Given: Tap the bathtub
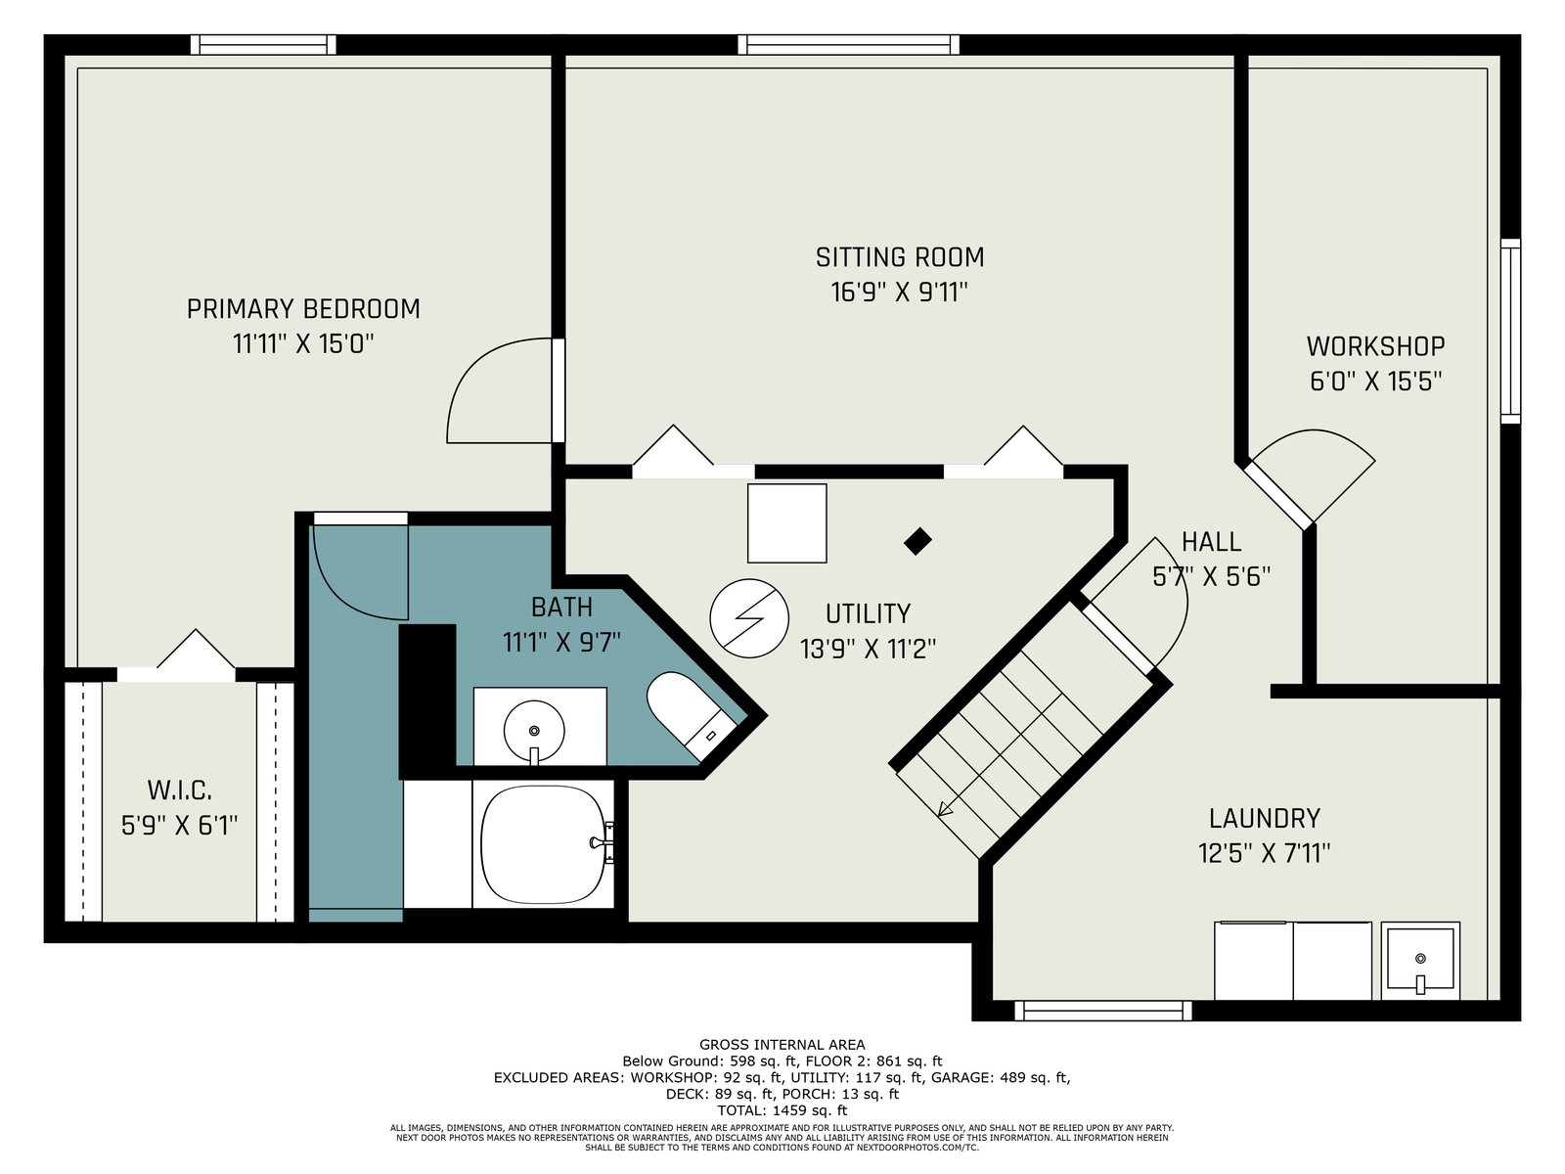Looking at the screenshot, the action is tap(543, 844).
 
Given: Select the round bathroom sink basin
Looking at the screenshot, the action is tap(534, 730).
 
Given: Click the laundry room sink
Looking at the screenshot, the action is tap(1419, 960).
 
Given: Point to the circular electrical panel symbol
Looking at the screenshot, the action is tap(748, 618).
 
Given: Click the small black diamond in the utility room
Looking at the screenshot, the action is tap(917, 541).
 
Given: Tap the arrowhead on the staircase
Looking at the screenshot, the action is tap(946, 808).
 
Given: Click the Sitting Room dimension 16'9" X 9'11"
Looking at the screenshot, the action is tap(899, 293).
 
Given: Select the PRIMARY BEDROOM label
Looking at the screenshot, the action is tap(303, 308).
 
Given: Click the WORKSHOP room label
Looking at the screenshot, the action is tap(1375, 346).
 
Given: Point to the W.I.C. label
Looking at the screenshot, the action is tap(180, 790).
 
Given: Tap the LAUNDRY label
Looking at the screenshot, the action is tap(1264, 818).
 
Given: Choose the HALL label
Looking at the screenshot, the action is tap(1211, 542).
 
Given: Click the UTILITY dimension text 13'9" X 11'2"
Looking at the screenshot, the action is tap(867, 649).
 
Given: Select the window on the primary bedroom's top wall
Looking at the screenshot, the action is tap(263, 45).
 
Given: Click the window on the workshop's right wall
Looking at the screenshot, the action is tap(1510, 332).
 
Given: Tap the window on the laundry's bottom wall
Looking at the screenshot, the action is tap(1103, 1010).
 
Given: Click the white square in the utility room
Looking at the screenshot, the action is tap(786, 523).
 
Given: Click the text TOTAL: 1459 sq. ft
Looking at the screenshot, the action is tap(782, 1109).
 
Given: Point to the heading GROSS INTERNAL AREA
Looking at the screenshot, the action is tap(782, 1044).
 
